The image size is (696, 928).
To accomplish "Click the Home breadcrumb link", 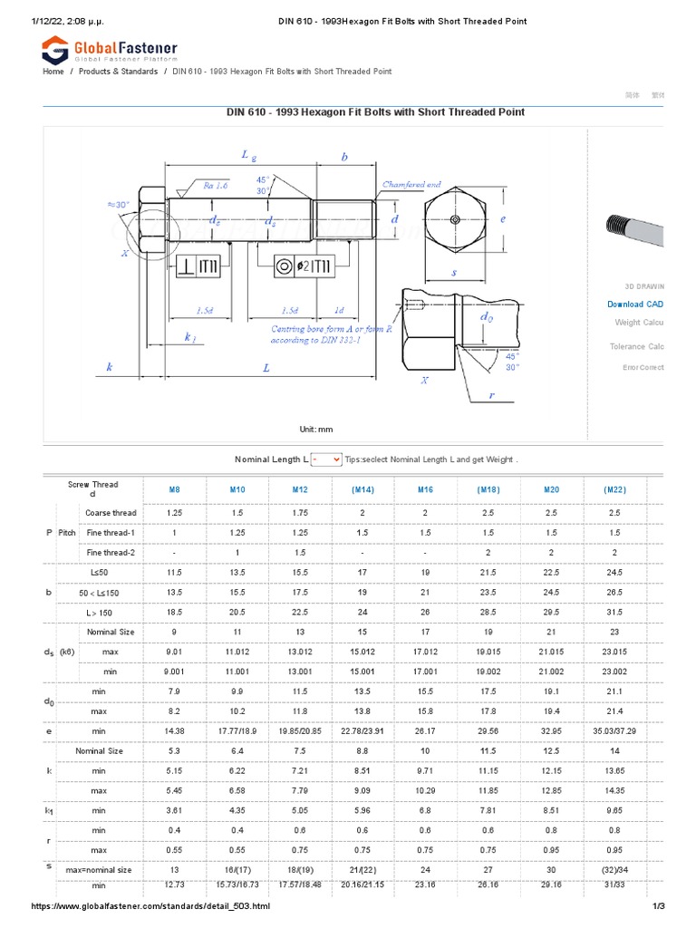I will (x=53, y=71).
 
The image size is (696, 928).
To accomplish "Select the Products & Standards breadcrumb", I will (x=118, y=71).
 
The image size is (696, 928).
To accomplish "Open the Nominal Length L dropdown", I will (x=326, y=459).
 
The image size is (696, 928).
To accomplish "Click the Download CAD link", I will (x=635, y=304).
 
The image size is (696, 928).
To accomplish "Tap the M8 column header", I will (x=174, y=489).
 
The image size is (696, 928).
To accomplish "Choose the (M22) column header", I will (x=614, y=489).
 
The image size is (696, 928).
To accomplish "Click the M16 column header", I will (x=425, y=489).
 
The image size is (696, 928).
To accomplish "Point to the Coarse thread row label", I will (x=111, y=513).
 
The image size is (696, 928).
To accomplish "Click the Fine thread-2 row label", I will (x=111, y=553).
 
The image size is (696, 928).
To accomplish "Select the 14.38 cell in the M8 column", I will (x=174, y=731).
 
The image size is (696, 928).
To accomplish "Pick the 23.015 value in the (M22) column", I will (x=614, y=652).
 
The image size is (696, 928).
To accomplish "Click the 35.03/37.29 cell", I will (x=614, y=731).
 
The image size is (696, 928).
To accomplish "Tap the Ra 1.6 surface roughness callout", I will (x=216, y=184).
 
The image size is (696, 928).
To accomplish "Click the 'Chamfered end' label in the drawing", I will (x=411, y=184).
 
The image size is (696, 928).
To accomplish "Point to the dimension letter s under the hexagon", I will (x=454, y=271).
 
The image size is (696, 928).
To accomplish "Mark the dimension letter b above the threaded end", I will (x=343, y=157).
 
